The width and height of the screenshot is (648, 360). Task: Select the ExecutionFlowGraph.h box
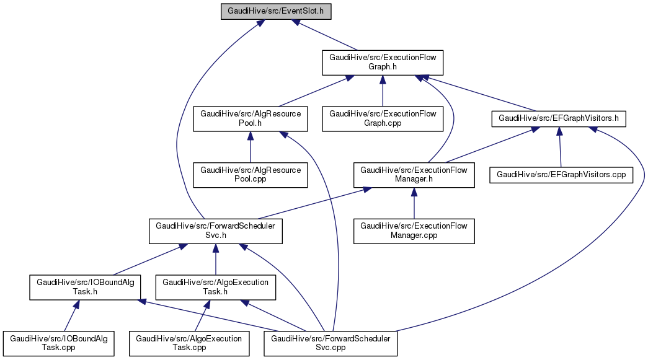pos(383,62)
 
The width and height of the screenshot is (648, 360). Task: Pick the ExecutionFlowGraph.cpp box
pos(383,118)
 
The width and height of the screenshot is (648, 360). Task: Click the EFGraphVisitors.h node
pos(559,118)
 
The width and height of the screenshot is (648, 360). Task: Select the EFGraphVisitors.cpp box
pos(561,175)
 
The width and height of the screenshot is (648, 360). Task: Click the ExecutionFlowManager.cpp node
pos(414,231)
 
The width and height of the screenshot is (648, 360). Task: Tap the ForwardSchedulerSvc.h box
pos(215,231)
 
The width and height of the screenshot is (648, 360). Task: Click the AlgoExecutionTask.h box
pos(215,288)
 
